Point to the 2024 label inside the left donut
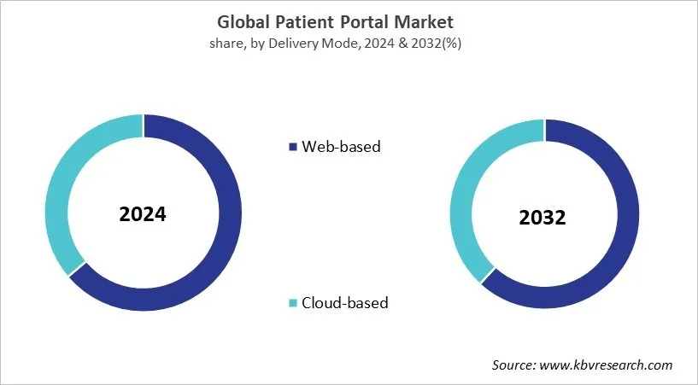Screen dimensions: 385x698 144,213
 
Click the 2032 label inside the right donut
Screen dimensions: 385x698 543,218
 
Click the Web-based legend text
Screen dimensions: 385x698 342,146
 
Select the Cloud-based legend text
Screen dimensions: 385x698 345,302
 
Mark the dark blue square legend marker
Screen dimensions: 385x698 294,147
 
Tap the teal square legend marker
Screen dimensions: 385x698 294,303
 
